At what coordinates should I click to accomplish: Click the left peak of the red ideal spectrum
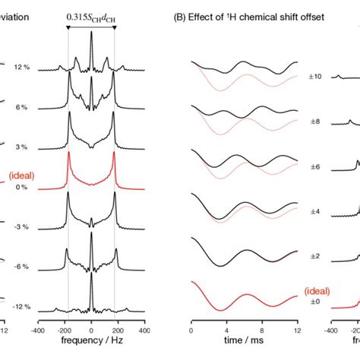pos(68,156)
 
